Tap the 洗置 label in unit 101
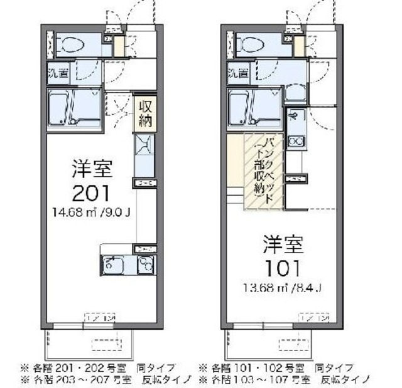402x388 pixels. tap(237, 73)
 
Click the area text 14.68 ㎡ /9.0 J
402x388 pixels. tap(92, 211)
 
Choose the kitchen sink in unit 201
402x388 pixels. tap(115, 265)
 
